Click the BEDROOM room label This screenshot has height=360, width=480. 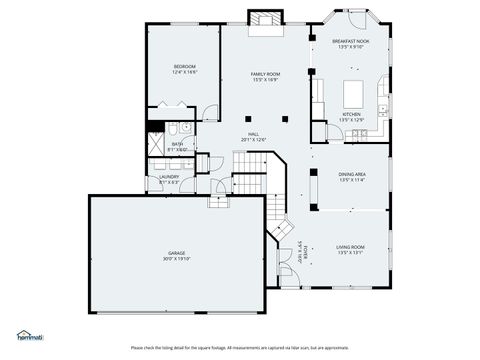coord(184,66)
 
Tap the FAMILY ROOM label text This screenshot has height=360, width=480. coord(265,75)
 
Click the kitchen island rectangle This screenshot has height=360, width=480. coord(355,92)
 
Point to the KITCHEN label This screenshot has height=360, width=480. coord(351,114)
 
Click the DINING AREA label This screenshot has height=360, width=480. coord(351,174)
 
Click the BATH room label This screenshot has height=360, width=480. coord(177,144)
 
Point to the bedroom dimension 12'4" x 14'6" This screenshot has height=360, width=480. coord(184,72)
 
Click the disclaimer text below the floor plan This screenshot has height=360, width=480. coord(240,347)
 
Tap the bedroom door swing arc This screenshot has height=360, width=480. coord(210,113)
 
